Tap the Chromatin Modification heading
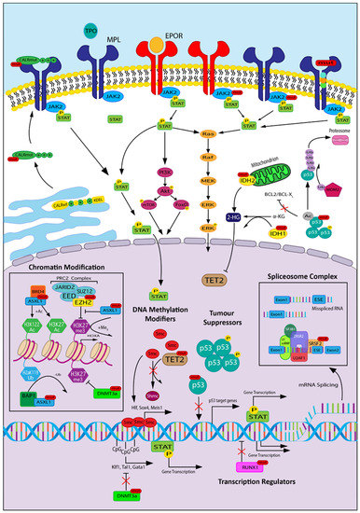click(x=59, y=271)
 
